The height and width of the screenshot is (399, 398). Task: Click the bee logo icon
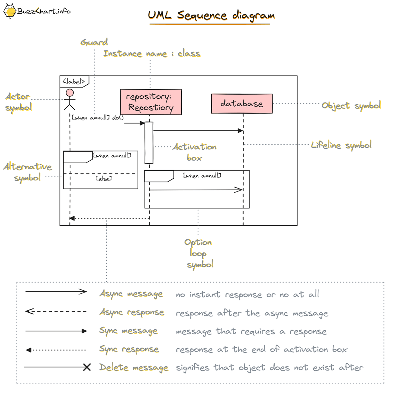tap(10, 11)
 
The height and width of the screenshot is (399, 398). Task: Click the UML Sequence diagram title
tap(211, 15)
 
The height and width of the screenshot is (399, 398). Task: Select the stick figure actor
tap(70, 99)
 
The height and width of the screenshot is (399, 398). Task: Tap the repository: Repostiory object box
tap(151, 102)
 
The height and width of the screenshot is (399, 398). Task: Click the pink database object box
tap(242, 104)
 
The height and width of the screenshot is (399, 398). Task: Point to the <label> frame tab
tap(74, 81)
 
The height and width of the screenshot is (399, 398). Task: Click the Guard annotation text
tap(94, 42)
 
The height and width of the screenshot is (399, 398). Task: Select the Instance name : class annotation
tap(152, 53)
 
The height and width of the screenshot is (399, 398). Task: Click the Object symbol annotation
tap(351, 106)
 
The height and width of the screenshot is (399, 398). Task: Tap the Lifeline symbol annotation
tap(341, 145)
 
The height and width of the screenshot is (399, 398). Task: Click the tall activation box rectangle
tap(149, 143)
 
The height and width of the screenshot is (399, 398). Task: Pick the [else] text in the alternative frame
tap(104, 179)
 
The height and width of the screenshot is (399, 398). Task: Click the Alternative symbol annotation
tap(28, 172)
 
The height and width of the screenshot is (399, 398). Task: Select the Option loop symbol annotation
tap(199, 253)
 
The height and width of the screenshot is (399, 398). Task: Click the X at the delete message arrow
tap(87, 367)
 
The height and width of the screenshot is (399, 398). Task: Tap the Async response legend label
tap(132, 312)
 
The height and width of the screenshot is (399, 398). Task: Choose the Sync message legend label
tap(128, 331)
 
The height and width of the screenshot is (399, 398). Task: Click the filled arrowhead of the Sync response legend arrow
tap(29, 350)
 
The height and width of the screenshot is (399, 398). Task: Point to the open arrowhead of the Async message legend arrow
tap(83, 292)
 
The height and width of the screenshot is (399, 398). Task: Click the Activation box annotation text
tap(194, 152)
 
